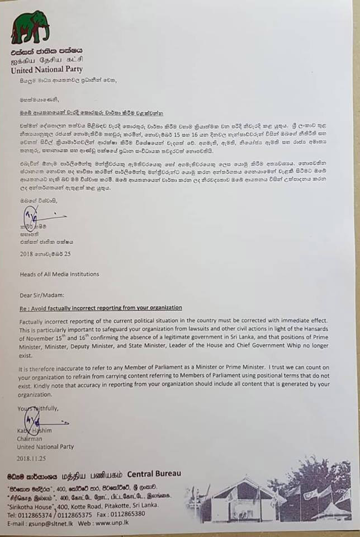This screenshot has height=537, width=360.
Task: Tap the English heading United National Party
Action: (46, 70)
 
